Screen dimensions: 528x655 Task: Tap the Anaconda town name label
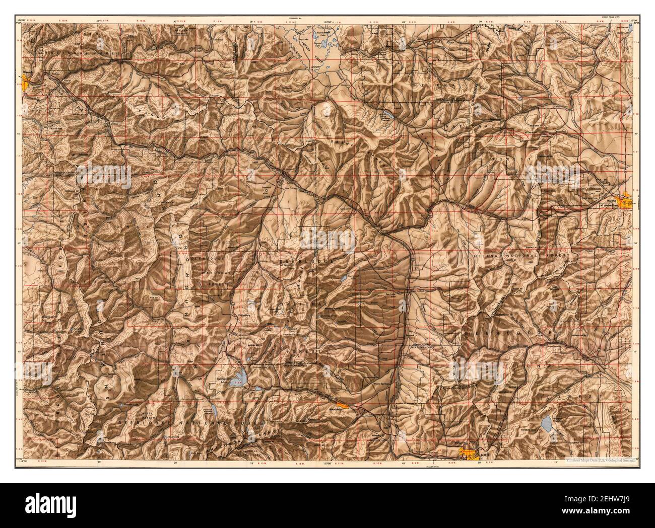(x=329, y=409)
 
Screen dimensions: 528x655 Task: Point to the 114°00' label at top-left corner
(x=21, y=6)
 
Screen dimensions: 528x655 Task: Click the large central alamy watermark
(x=327, y=238)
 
